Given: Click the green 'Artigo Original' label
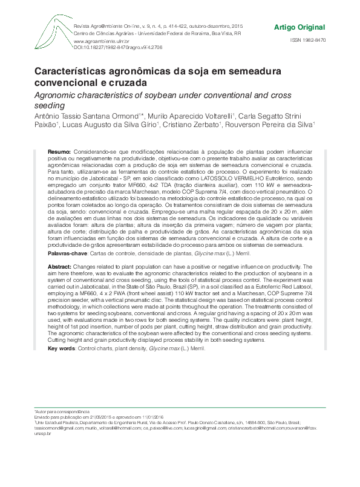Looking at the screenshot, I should coord(299,28).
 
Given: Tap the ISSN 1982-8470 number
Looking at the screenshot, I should coord(307,40).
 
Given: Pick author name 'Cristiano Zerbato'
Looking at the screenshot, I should coord(191,124).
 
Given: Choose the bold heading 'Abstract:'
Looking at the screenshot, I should coord(59,266).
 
